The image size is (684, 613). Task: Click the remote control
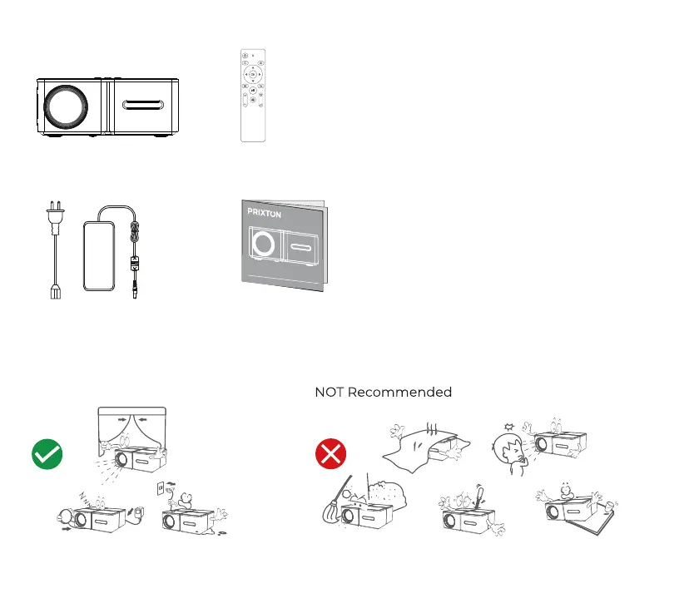tap(254, 95)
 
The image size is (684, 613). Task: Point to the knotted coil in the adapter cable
tap(135, 230)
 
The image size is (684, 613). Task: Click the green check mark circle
tap(47, 454)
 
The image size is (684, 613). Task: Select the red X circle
tap(330, 454)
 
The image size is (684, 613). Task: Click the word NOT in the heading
tap(329, 392)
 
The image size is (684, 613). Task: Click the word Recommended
tap(399, 392)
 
